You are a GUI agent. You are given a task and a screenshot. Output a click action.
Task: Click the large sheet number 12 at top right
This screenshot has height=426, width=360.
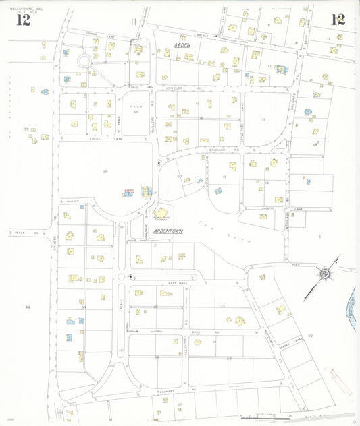pos(338,19)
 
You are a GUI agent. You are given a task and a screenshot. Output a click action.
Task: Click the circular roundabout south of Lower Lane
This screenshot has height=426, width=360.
pos(84,61)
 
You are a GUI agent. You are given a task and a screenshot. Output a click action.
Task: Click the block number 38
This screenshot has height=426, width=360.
pos(105,171)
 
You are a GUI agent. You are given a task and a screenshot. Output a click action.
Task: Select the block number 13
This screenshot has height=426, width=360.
pos(264,119)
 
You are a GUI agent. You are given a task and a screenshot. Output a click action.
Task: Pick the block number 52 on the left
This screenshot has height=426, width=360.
pos(28,307)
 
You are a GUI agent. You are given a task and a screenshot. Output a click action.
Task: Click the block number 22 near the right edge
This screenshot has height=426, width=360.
pos(310,335)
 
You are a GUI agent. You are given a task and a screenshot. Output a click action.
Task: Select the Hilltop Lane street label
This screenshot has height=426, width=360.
pos(270,210)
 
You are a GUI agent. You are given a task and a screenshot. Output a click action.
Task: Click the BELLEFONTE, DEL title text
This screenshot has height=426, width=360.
pos(24,5)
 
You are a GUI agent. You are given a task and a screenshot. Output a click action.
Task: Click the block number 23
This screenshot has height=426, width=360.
pos(222,307)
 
